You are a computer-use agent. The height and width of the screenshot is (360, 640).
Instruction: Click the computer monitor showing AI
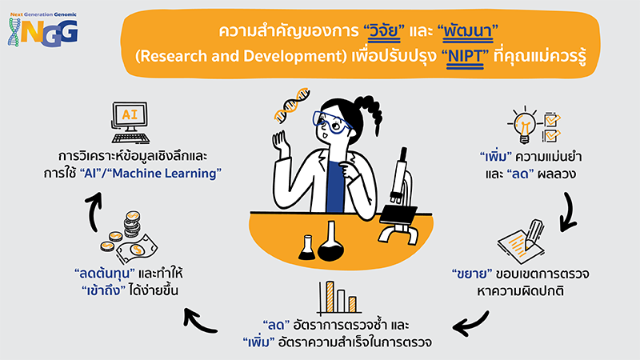click(131, 122)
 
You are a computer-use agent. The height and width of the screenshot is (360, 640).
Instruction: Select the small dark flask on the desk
click(306, 247)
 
